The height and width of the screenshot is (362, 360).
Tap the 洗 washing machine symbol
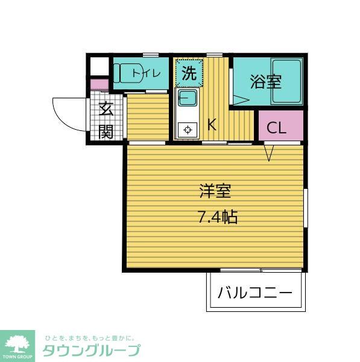click(189, 74)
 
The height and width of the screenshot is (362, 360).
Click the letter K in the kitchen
click(212, 125)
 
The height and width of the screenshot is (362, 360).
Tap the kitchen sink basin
click(187, 98)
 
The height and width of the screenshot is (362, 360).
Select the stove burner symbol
click(187, 129)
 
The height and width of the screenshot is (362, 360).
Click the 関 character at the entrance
click(106, 130)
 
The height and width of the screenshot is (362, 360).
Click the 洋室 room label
click(215, 192)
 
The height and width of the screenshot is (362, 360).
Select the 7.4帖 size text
click(217, 217)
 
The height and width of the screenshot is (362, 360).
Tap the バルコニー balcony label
click(254, 294)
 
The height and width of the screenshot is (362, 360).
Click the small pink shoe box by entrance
click(99, 84)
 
